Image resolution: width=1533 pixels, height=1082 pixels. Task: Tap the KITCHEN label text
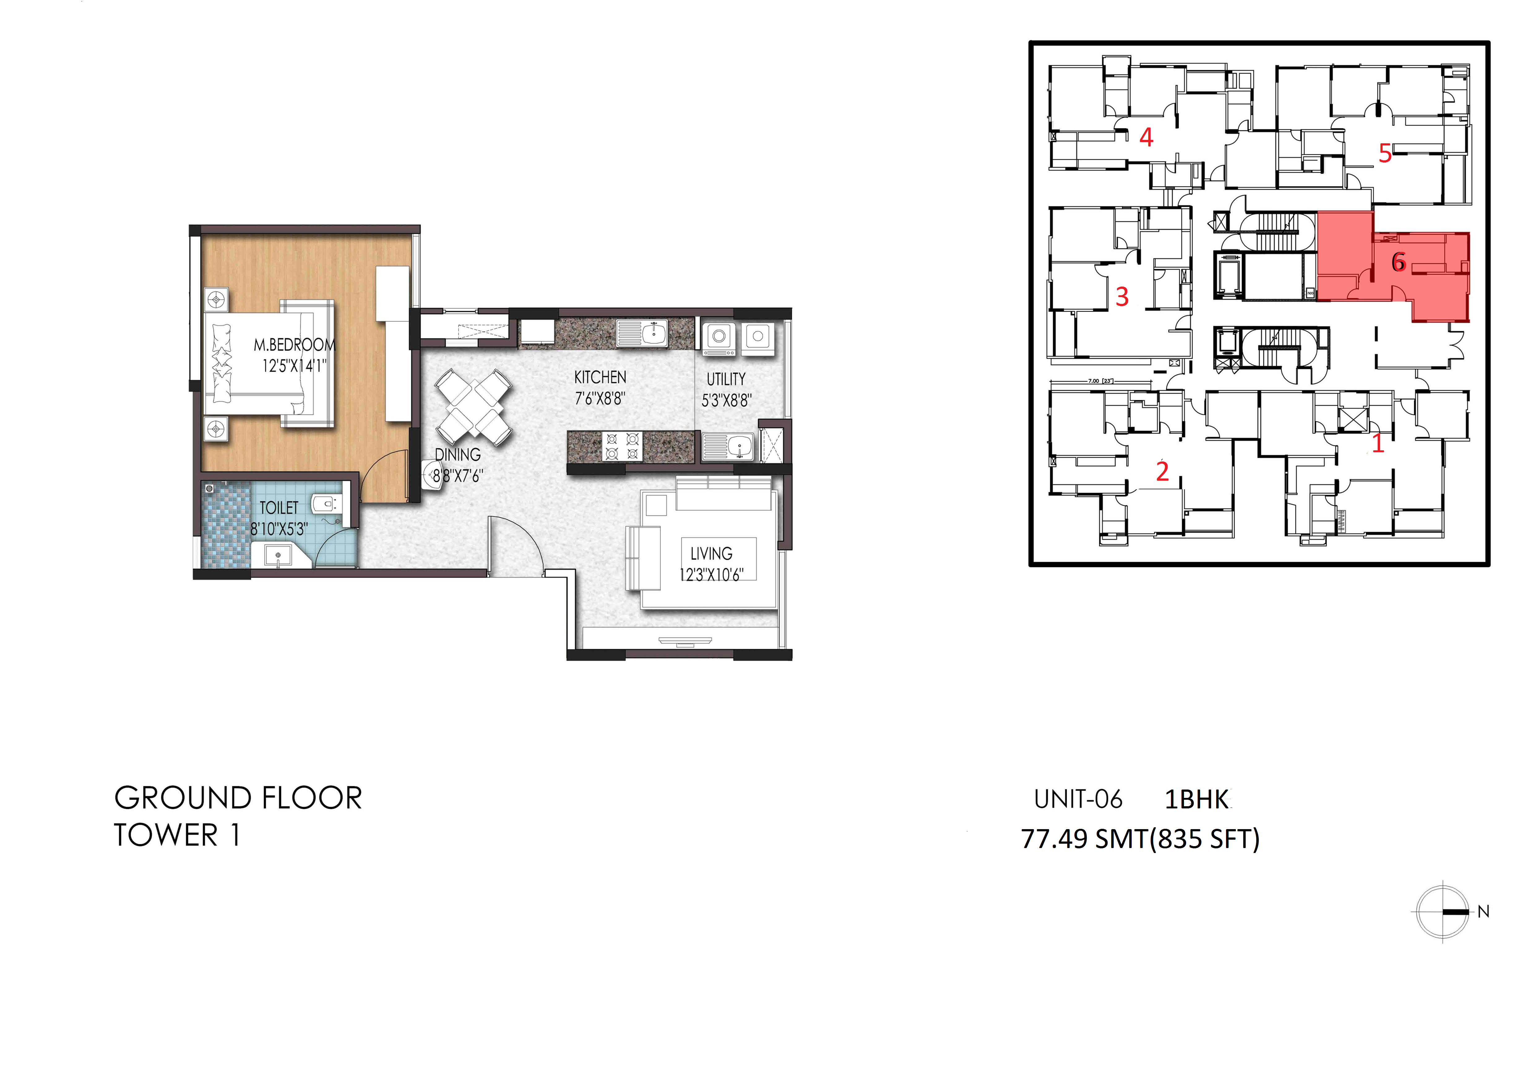(600, 377)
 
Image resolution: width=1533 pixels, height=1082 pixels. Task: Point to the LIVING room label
(711, 554)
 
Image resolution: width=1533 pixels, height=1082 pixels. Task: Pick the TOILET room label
(279, 508)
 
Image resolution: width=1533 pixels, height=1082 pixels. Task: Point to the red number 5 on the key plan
(1385, 154)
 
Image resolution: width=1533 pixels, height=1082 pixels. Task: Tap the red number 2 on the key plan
(1162, 472)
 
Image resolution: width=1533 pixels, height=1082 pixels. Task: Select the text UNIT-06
(1078, 799)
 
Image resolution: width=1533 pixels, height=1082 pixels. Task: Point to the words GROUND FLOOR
(238, 798)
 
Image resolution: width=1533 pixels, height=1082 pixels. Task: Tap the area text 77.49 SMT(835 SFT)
(1140, 839)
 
